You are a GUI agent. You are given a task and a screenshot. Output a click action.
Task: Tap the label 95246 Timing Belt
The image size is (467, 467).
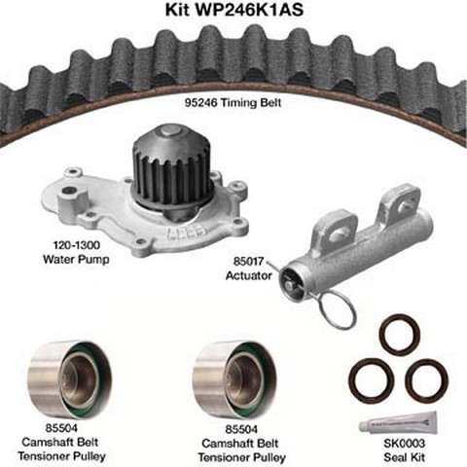click(x=233, y=102)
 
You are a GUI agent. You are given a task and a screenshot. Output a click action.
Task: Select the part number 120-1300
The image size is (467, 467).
click(x=77, y=245)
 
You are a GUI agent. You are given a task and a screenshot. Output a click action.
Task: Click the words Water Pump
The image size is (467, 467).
click(x=76, y=259)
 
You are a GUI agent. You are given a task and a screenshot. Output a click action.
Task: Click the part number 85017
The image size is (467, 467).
click(x=249, y=261)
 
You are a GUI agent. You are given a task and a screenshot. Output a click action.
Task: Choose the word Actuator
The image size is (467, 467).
click(x=249, y=275)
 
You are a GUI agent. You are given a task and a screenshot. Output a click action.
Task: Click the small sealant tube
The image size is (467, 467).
click(x=398, y=421)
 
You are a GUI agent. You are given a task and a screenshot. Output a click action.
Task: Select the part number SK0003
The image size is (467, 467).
click(x=404, y=443)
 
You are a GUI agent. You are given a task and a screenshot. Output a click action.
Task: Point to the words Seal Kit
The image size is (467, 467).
click(x=404, y=457)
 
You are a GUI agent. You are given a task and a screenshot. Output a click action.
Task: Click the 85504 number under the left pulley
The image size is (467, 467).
click(x=61, y=428)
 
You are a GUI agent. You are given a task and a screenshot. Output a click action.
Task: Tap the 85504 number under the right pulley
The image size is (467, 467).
click(x=241, y=429)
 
